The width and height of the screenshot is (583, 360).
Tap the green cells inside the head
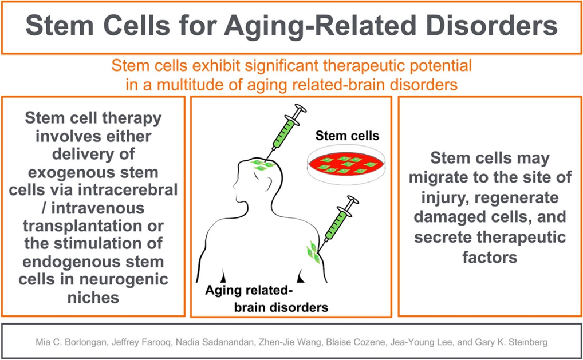263,165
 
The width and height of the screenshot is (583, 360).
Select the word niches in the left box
93,297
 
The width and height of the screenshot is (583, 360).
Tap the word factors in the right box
490,258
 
